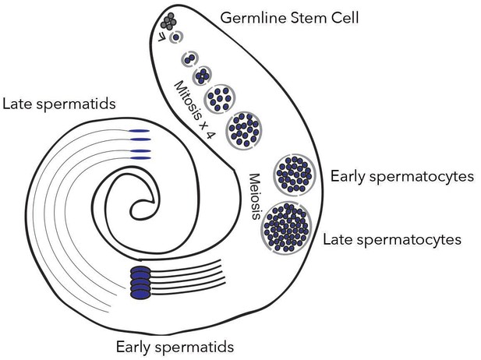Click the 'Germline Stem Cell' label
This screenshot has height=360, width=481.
point(289,18)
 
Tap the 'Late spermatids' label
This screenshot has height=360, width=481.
point(59,104)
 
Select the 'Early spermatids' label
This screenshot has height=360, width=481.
point(175,347)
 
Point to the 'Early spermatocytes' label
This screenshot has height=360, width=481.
point(401,177)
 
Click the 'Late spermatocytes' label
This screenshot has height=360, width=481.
point(392,239)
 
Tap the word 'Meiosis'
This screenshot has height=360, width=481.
point(255,196)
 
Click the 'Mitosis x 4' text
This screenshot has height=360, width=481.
point(193,111)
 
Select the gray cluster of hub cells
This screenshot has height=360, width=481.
point(168,22)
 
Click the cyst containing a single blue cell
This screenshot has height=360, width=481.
point(176,37)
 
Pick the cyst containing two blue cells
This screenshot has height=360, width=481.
point(190,58)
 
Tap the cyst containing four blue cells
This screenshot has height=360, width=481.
point(202,76)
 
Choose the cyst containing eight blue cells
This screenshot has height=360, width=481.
point(221,99)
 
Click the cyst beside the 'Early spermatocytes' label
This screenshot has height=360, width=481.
point(295,175)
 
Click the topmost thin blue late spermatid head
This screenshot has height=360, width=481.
point(139,131)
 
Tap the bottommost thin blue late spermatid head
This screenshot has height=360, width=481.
point(140,158)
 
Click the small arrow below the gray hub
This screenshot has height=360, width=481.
point(161,37)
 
